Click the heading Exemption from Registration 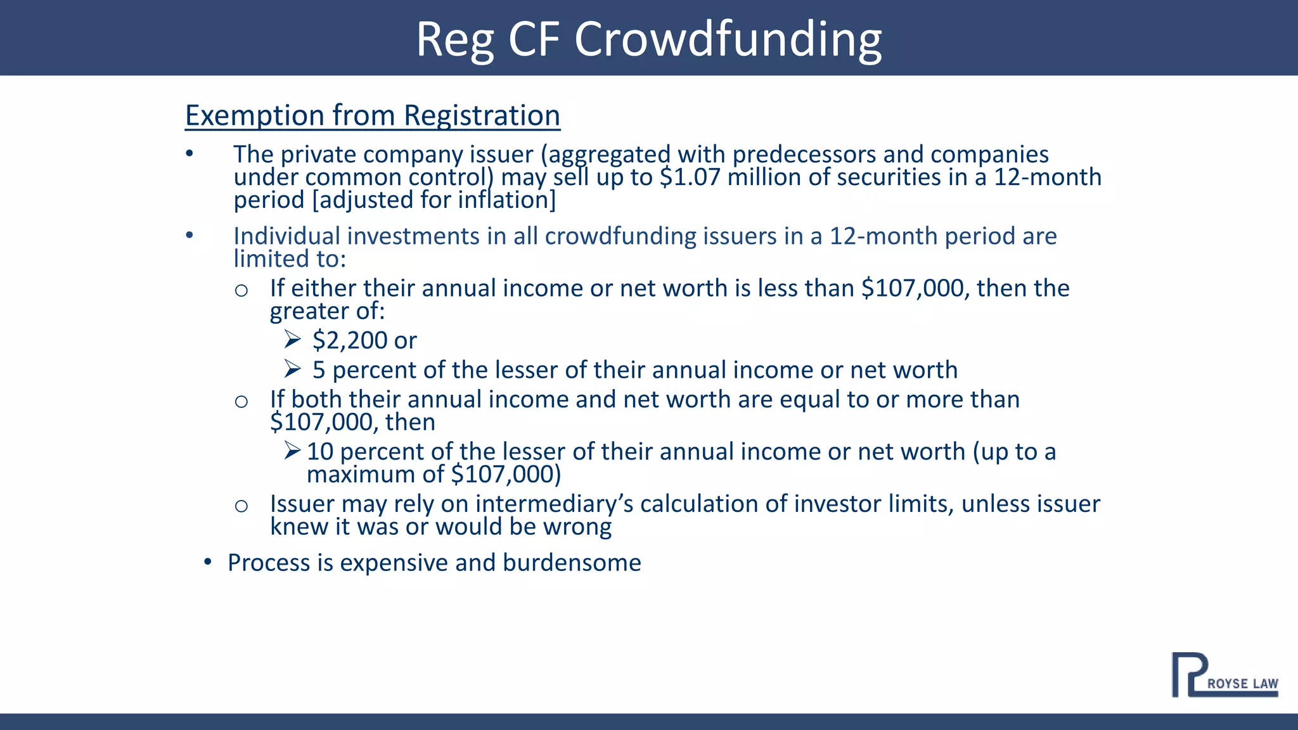click(372, 115)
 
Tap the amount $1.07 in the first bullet click(690, 177)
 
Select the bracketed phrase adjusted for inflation click(434, 200)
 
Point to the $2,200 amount click(349, 341)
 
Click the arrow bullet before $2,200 click(292, 340)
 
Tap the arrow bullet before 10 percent click(292, 451)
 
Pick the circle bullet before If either click(241, 290)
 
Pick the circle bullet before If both click(241, 401)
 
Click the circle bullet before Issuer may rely click(241, 506)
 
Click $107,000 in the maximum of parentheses click(505, 475)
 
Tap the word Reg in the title click(454, 39)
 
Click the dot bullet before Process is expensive click(207, 562)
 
